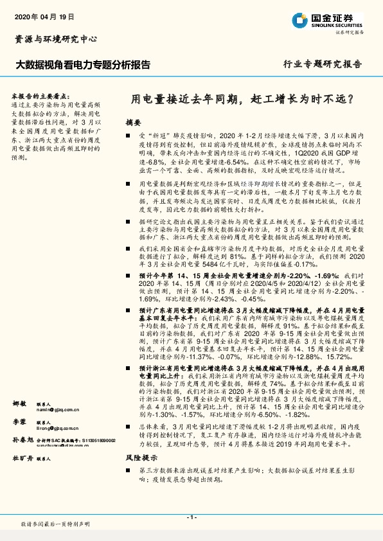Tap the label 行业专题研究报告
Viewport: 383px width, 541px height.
point(323,64)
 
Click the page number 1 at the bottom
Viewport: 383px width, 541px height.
point(191,517)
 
